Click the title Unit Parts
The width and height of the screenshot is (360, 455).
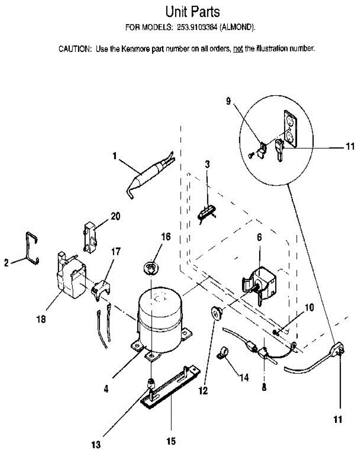193,12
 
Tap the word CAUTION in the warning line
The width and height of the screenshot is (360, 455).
74,49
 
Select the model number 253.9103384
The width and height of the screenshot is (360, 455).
197,27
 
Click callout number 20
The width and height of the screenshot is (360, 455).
115,216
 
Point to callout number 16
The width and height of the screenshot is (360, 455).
166,237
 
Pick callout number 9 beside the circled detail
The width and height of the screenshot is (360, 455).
229,101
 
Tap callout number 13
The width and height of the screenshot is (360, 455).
96,445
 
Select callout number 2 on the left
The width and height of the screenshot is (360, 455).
6,263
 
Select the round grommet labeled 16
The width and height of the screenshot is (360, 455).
150,269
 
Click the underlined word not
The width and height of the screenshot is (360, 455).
238,49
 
